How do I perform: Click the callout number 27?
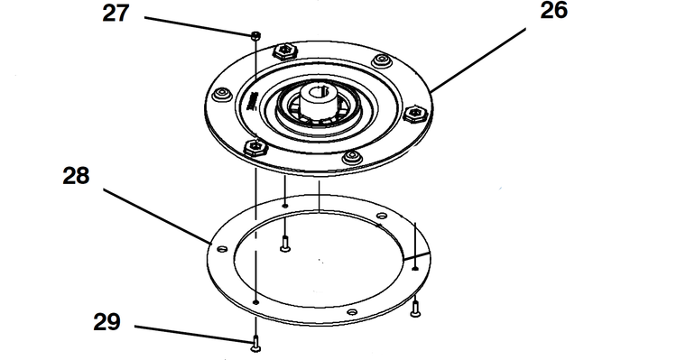point(116,14)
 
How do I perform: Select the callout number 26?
point(554,10)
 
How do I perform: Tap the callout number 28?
point(76,176)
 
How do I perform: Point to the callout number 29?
point(107,322)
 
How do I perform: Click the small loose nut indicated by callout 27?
point(256,35)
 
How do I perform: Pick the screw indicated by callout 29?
point(255,344)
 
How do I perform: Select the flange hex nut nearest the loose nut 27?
point(285,52)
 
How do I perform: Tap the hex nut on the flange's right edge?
point(414,115)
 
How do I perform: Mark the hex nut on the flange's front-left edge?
point(255,147)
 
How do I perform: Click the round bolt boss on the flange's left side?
point(222,94)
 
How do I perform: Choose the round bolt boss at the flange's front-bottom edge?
point(353,157)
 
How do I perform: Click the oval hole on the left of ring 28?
point(222,249)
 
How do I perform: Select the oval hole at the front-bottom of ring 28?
point(352,312)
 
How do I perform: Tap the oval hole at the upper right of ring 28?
point(382,216)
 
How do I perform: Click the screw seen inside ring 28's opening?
point(285,244)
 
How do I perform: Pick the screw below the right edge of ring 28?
point(415,309)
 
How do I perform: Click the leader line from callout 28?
point(157,216)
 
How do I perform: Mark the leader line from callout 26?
point(478,60)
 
